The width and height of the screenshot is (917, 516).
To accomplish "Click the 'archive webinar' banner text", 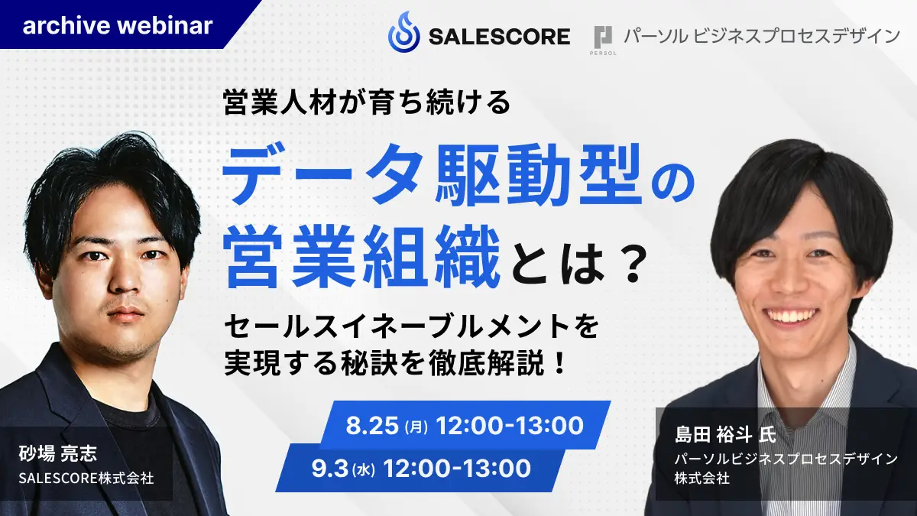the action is point(118,25).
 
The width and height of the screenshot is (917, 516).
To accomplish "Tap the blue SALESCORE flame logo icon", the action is point(403,32).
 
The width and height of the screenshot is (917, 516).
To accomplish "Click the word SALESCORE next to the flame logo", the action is point(500,37).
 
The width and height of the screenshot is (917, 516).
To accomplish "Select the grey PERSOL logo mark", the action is point(603,39).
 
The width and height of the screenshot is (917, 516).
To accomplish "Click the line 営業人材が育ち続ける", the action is point(367,102).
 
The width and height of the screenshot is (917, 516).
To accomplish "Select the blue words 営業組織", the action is point(362,257).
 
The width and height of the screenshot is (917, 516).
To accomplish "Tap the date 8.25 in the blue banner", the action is point(371,425).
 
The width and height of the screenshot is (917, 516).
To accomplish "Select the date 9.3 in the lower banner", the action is point(329,468).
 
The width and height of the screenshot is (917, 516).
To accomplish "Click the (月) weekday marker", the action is point(416,427).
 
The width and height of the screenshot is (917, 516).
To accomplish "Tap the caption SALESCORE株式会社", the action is point(86,478).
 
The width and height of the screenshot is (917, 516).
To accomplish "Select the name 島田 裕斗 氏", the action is point(725,434).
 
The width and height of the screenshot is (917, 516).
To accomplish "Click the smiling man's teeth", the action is point(792,316).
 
